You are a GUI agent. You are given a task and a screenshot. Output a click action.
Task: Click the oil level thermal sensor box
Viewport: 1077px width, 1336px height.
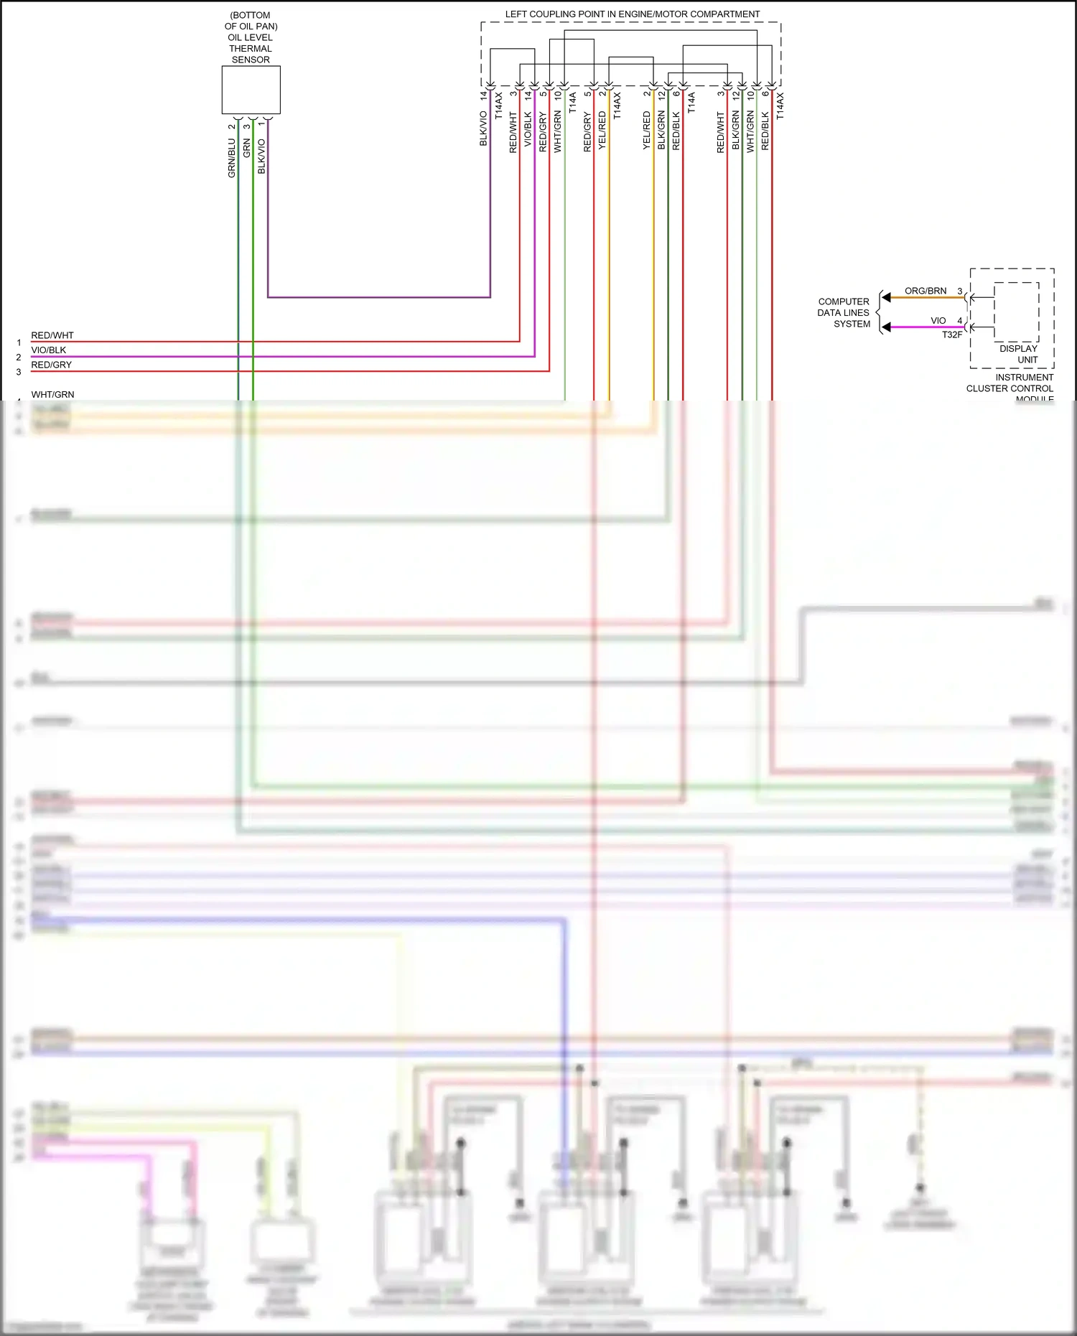(x=251, y=90)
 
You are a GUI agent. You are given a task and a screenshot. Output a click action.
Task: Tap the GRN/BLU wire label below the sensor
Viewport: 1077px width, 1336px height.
(x=232, y=159)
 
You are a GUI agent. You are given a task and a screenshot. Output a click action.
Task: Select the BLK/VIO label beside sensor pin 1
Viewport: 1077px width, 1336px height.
(x=261, y=157)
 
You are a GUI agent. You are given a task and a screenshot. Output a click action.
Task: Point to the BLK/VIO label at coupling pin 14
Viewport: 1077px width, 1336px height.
(x=483, y=129)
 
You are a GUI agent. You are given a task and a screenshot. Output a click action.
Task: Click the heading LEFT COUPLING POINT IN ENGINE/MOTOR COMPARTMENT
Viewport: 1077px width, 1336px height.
(x=632, y=14)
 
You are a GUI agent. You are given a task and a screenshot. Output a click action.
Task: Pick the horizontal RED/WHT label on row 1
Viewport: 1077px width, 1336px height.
(x=52, y=335)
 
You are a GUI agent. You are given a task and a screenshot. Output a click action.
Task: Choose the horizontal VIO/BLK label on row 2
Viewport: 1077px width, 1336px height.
(x=48, y=350)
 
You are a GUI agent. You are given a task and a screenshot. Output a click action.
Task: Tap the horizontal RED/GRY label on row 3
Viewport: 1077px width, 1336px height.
(x=51, y=365)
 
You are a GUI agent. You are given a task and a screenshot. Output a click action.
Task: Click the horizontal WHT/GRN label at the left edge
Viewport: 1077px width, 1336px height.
(x=52, y=394)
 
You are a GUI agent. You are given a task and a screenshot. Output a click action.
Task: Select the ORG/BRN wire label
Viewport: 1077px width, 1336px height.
(x=925, y=291)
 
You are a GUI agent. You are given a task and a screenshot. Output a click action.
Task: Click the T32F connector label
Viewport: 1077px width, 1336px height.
(x=952, y=335)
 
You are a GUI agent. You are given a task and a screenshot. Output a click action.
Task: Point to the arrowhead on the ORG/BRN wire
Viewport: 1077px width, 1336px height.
(x=887, y=297)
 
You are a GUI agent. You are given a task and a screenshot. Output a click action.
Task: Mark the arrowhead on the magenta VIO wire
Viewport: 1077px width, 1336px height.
(x=887, y=327)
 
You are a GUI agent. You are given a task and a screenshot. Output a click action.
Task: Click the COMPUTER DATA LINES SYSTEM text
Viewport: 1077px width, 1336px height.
(x=844, y=312)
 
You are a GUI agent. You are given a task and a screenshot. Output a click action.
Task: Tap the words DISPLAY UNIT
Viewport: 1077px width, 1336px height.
(x=1019, y=354)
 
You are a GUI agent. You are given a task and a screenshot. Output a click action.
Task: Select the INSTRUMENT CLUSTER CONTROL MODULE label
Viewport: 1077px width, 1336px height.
(x=1010, y=388)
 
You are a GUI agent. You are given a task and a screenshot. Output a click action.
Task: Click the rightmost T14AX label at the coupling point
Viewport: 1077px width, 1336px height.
(x=780, y=106)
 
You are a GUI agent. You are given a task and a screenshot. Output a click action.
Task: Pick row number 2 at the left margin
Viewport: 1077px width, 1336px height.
(x=19, y=357)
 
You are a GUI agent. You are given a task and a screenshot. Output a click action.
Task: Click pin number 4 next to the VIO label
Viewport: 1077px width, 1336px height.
(x=960, y=320)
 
